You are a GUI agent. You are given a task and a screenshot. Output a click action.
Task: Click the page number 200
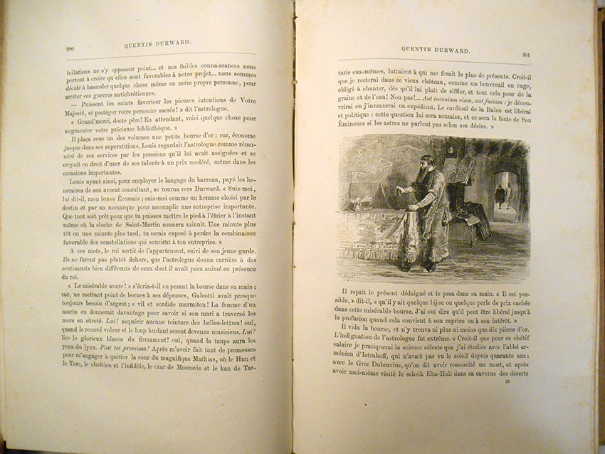(x=70, y=48)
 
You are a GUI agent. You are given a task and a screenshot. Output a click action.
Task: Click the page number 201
(x=527, y=55)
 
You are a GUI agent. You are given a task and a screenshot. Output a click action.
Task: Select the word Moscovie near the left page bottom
(x=194, y=368)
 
